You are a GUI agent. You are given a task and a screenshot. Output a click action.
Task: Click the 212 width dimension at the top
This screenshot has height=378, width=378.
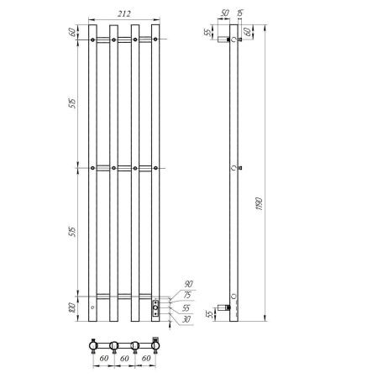click(124, 13)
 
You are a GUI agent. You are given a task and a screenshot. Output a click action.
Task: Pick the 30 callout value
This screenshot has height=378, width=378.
click(186, 318)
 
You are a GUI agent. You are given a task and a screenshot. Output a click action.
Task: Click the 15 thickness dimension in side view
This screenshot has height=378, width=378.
click(241, 13)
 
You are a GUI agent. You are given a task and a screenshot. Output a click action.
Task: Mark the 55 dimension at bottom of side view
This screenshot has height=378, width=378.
click(207, 315)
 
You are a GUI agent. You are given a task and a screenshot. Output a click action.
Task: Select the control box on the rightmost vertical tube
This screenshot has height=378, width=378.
click(155, 309)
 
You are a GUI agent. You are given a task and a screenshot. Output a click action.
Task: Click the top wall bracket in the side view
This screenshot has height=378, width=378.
click(224, 39)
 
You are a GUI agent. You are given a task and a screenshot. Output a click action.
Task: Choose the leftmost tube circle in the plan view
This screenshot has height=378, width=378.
click(92, 344)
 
